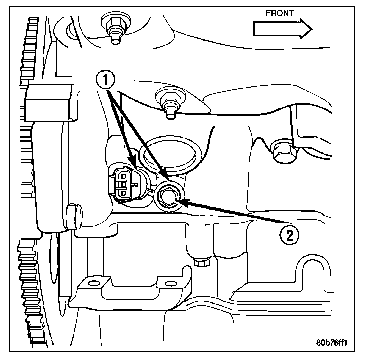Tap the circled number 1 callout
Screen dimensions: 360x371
106,79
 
